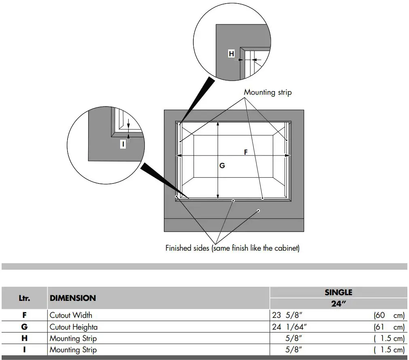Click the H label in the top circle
pos(231,54)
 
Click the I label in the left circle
pos(123,143)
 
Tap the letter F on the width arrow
pos(246,152)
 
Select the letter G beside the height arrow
pos(222,166)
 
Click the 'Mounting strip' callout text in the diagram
pos(267,92)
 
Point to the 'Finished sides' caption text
pos(232,248)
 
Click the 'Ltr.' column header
pos(24,298)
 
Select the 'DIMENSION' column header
pos(73,298)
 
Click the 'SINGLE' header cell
pos(338,292)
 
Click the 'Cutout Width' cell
pos(71,315)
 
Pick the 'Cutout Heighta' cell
pos(73,327)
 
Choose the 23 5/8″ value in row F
pos(287,315)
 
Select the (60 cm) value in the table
pos(389,315)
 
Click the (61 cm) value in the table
pos(389,327)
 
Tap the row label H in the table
pos(24,338)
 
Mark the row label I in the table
pos(24,349)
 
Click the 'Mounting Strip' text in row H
pos(73,338)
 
